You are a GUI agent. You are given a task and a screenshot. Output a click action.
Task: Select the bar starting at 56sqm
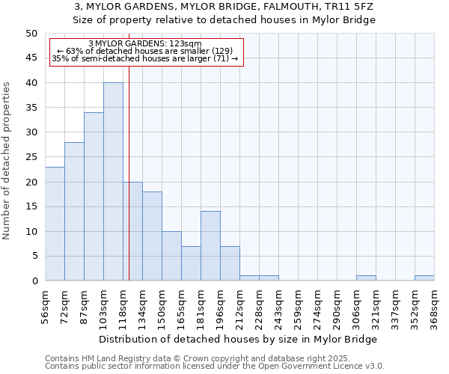[55, 224]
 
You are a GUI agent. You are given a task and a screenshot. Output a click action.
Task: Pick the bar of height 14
[210, 246]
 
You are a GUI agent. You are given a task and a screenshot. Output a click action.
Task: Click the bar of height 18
[152, 236]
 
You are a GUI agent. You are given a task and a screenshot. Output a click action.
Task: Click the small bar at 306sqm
[366, 278]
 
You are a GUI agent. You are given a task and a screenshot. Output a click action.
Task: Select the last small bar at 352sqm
[424, 278]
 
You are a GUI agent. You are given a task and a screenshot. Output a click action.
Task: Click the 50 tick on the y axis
[31, 34]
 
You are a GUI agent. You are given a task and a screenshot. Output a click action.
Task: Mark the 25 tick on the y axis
[31, 157]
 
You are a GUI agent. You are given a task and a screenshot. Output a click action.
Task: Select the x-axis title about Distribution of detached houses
[238, 339]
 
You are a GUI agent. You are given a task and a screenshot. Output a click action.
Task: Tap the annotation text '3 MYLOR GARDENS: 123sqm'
[145, 44]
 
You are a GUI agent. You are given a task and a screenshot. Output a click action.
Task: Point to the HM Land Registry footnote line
[213, 358]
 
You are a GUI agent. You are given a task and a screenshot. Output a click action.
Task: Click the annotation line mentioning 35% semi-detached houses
[145, 58]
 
